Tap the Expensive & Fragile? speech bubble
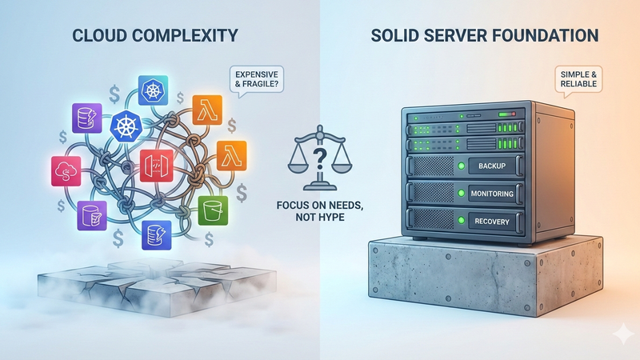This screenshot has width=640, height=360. [256, 78]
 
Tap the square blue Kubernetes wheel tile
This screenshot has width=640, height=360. [154, 91]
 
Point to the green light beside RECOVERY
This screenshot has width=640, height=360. [460, 219]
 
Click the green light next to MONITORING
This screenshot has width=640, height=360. [460, 193]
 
